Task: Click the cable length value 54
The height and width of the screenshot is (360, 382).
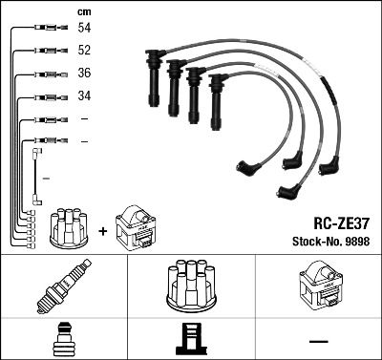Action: coord(84,30)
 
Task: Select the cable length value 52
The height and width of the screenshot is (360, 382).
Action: coord(84,52)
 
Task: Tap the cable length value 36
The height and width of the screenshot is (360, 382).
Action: coord(84,74)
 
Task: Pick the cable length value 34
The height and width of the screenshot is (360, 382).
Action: coord(84,95)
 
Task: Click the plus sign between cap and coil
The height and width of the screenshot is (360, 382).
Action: coord(102,229)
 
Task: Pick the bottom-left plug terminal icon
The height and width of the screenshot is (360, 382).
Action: coord(63,341)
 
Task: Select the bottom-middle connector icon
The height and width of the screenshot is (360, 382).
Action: coord(190,341)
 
